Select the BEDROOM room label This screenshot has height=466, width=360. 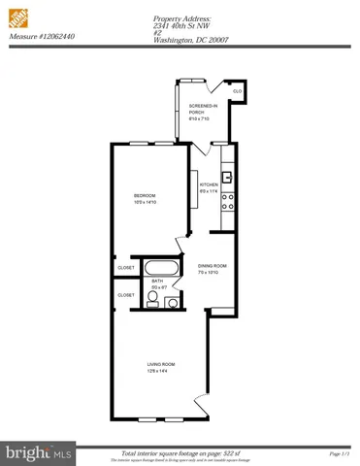pyautogui.click(x=145, y=196)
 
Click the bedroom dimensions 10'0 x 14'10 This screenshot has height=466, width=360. pyautogui.click(x=145, y=204)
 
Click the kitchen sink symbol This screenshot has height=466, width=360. pyautogui.click(x=226, y=178)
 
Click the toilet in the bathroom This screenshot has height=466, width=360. pyautogui.click(x=172, y=302)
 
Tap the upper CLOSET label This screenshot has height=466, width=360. pyautogui.click(x=126, y=267)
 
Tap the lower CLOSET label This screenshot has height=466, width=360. pyautogui.click(x=126, y=294)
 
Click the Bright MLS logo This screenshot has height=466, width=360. pyautogui.click(x=27, y=452)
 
